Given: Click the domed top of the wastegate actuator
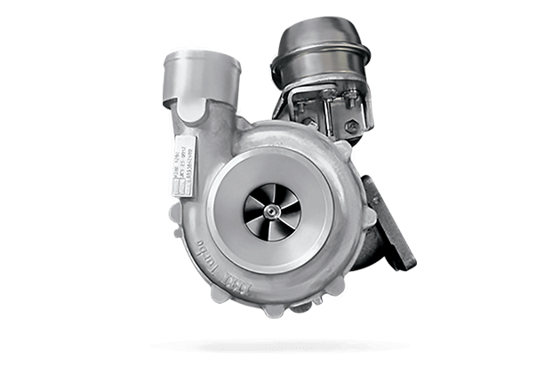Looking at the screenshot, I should (x=321, y=40).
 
